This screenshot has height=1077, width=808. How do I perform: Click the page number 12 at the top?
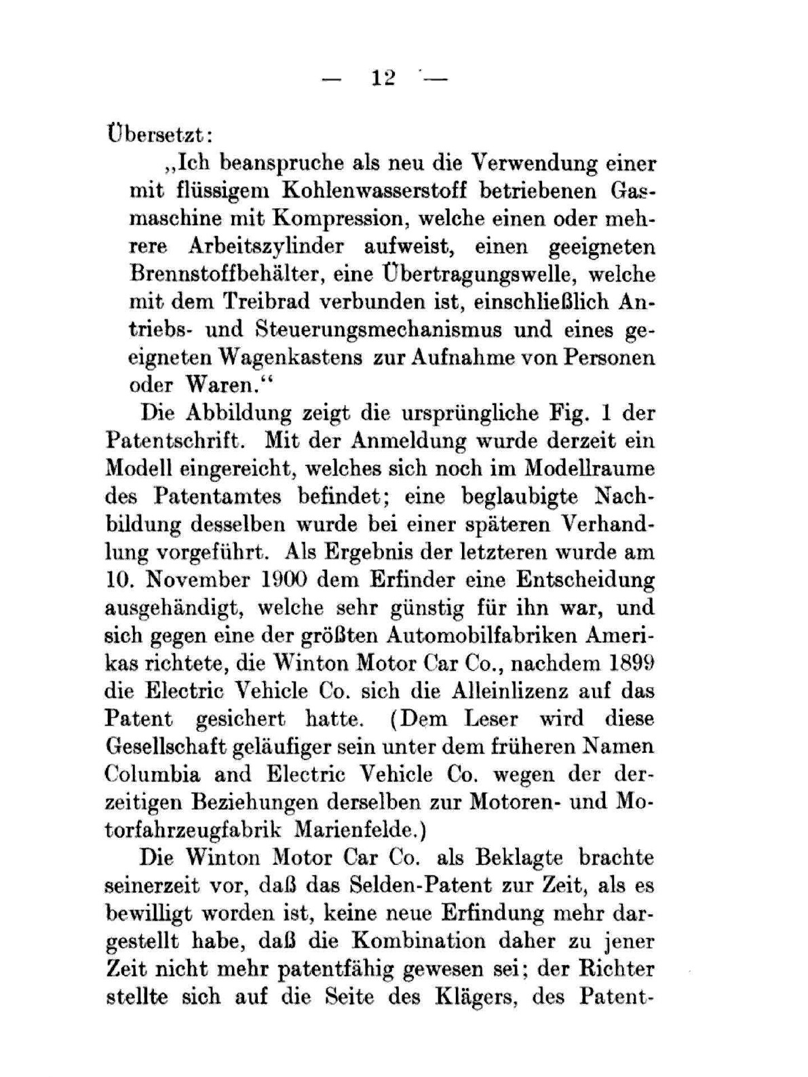(x=383, y=78)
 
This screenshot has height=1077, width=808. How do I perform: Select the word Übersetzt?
(x=159, y=133)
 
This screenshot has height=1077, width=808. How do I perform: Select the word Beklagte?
(x=520, y=857)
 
